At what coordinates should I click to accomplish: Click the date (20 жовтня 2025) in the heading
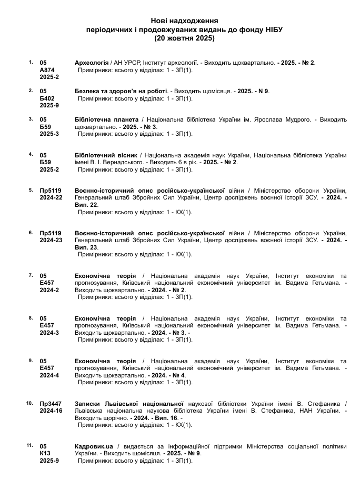[x=184, y=38]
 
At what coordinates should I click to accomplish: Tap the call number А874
[x=47, y=69]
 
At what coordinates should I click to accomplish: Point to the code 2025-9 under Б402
[x=49, y=105]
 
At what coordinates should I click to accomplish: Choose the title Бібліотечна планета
[x=107, y=119]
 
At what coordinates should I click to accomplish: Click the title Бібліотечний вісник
[x=106, y=155]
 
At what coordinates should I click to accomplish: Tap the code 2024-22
[x=51, y=197]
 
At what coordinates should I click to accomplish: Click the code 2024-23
[x=51, y=240]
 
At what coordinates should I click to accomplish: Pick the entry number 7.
[x=31, y=275]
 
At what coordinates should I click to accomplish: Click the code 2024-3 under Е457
[x=49, y=333]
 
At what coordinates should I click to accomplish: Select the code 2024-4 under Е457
[x=49, y=375]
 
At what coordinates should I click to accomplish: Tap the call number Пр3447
[x=51, y=404]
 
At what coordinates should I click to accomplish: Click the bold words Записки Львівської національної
[x=129, y=404]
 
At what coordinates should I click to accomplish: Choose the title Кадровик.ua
[x=94, y=446]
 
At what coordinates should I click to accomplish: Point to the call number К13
[x=45, y=453]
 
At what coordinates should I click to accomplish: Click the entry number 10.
[x=29, y=403]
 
